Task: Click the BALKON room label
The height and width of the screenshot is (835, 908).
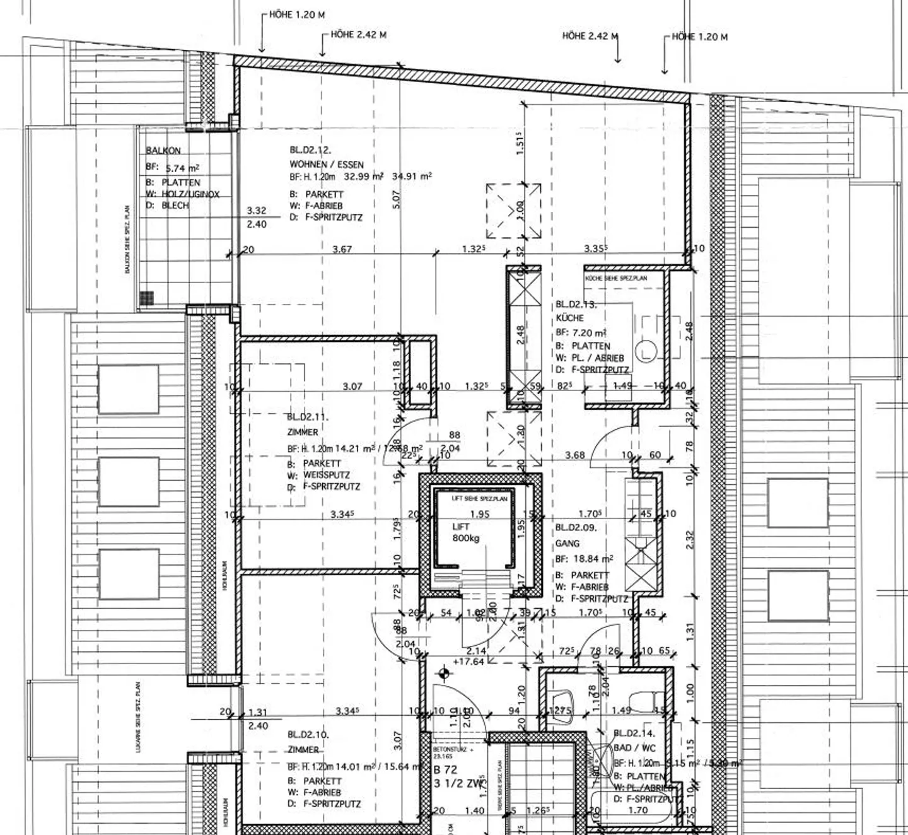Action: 163,151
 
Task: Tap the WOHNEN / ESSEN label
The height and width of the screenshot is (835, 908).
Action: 327,164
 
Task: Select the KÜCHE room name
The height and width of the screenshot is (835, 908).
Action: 569,318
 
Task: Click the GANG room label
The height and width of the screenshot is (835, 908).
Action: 567,543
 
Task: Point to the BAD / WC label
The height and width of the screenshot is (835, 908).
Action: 634,748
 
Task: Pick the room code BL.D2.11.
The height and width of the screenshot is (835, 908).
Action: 308,417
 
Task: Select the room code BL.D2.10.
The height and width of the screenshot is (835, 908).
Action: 308,735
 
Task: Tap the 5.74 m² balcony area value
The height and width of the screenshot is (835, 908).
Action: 182,168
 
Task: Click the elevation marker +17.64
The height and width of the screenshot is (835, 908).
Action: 469,662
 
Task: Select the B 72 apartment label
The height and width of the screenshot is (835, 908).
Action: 445,769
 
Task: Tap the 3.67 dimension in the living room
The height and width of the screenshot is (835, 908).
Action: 342,249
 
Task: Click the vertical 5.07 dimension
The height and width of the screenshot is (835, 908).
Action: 396,200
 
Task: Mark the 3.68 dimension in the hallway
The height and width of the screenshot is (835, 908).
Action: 574,455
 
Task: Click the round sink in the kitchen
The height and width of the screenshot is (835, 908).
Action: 646,351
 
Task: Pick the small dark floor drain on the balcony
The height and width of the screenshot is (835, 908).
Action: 147,298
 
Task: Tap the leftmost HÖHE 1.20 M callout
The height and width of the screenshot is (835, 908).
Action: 297,15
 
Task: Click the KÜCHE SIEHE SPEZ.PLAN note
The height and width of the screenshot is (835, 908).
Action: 616,278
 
